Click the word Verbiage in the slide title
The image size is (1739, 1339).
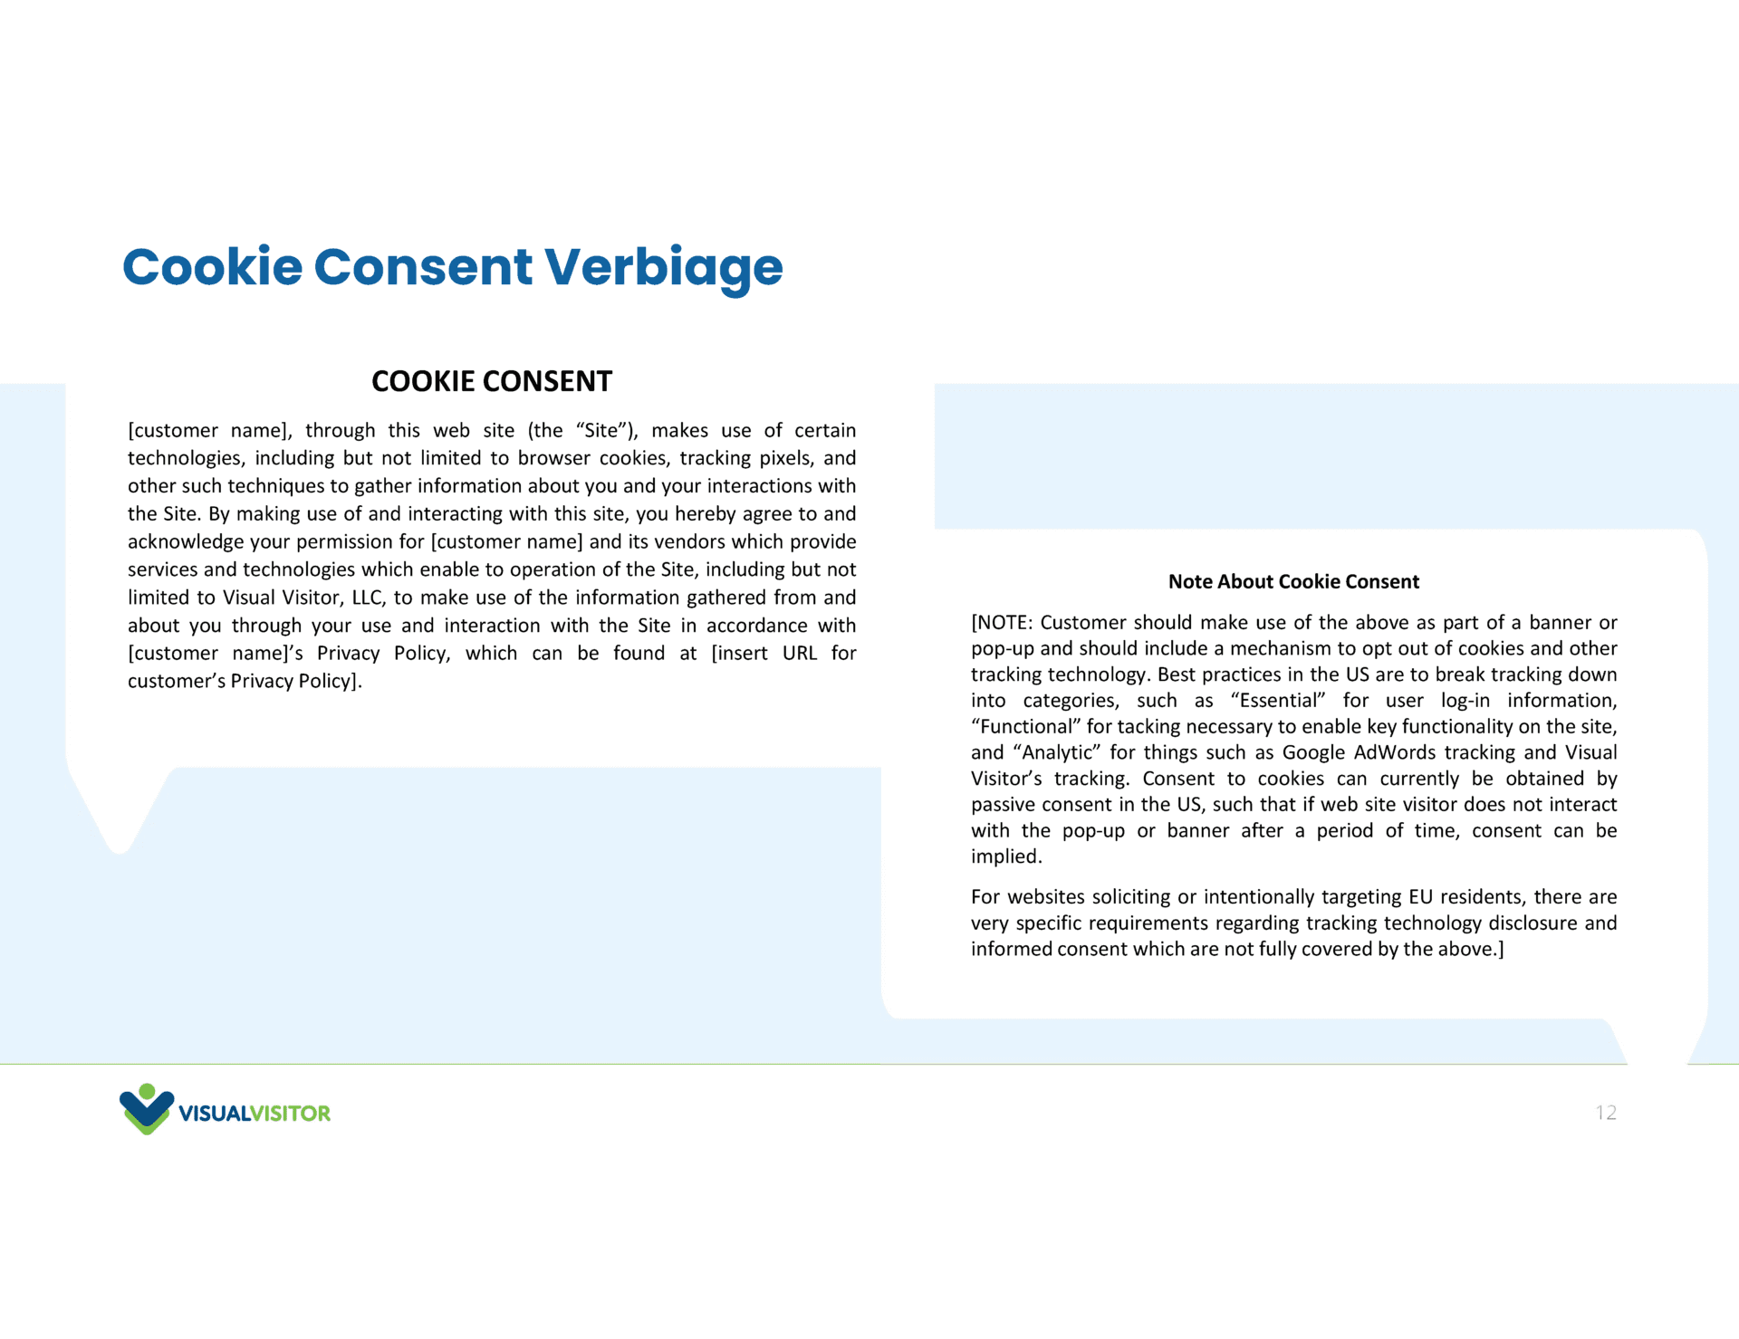663,267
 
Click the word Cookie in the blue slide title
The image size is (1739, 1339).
212,267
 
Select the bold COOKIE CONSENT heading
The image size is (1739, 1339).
492,381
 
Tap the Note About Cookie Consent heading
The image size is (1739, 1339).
1293,581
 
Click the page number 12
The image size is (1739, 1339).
1606,1113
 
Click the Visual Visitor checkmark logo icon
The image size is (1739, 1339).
146,1109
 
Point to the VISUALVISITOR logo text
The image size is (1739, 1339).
255,1114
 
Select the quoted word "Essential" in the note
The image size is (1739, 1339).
1278,701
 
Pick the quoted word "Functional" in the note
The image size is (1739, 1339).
1026,727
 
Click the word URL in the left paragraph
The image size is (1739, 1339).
800,654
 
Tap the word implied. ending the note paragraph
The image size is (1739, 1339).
1006,857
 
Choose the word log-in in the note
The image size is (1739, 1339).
1465,701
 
